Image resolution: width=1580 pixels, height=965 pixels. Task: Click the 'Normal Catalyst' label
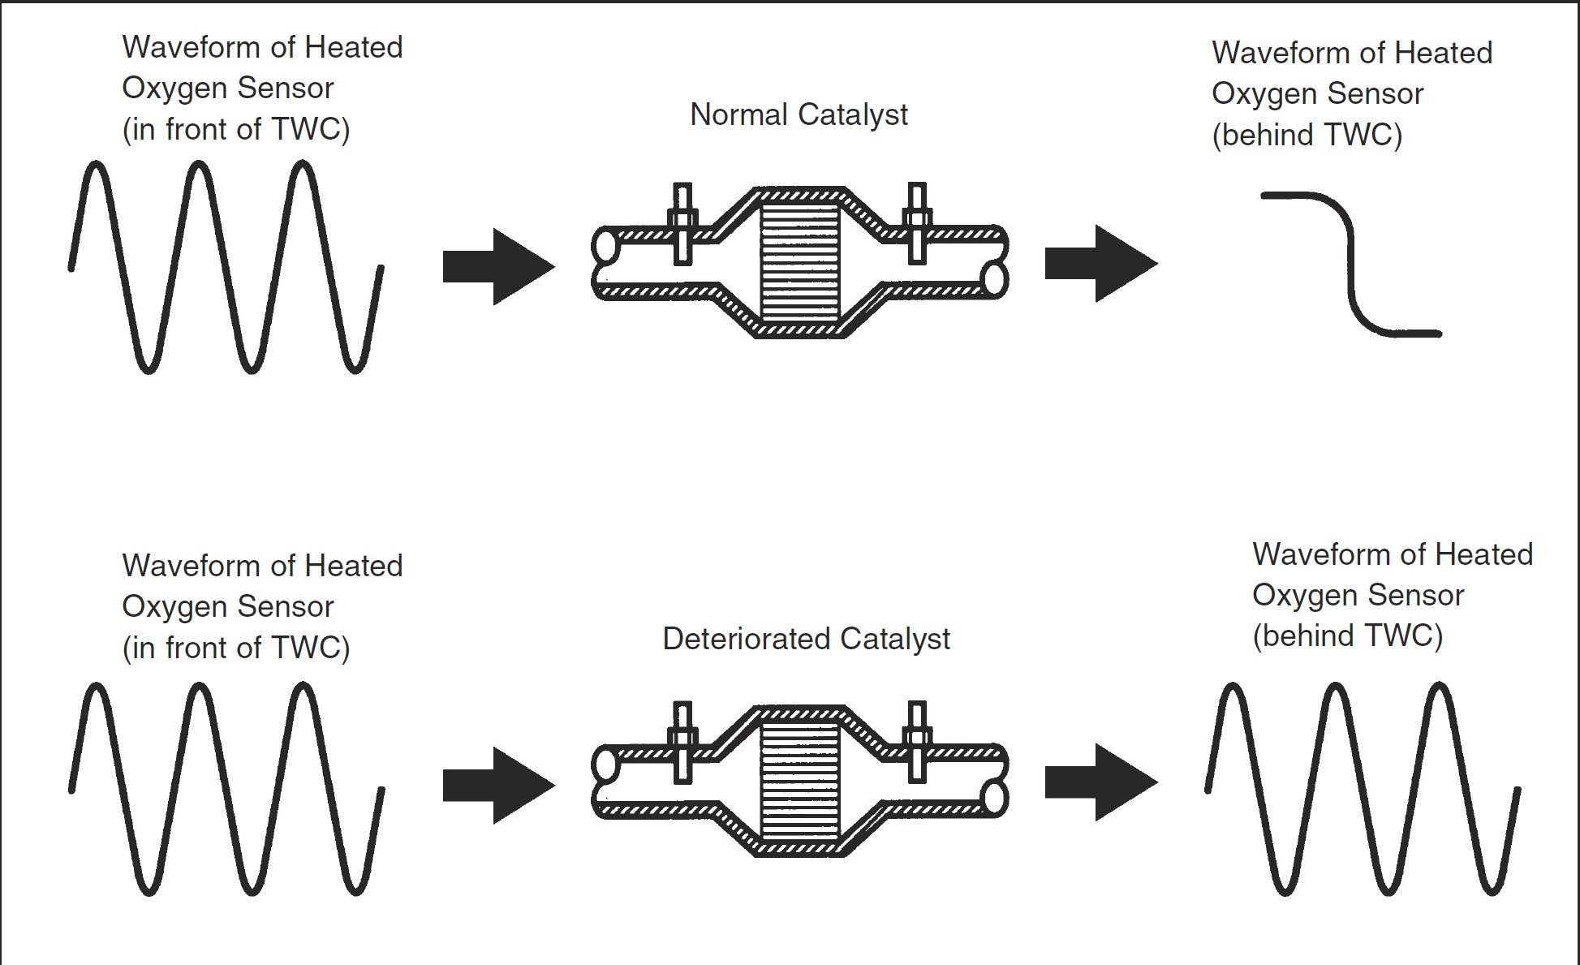point(799,114)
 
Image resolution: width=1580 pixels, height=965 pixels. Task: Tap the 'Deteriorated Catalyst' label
point(806,639)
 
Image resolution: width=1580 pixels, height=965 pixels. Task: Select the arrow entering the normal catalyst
point(497,266)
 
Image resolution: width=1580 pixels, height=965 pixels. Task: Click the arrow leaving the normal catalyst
point(1100,264)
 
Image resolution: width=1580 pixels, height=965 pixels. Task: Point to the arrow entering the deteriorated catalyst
point(497,785)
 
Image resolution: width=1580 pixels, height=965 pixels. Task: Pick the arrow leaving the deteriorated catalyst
point(1100,782)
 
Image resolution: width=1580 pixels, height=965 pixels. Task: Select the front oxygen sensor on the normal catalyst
point(682,223)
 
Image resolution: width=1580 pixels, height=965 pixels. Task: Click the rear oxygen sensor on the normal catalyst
point(917,223)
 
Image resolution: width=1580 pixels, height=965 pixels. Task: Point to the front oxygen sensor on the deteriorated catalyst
point(682,742)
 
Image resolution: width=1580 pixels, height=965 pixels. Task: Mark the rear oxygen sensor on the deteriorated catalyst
point(917,742)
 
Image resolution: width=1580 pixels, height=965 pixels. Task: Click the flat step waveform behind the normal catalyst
point(1351,261)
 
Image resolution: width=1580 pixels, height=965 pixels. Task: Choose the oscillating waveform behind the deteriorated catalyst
point(1363,788)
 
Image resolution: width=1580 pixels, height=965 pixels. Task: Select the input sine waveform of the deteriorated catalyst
point(226,788)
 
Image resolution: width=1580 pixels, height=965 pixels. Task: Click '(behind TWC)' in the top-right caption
point(1307,135)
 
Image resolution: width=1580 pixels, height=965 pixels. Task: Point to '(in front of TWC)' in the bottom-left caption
point(235,648)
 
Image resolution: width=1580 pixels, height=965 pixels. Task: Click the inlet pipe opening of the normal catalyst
point(604,246)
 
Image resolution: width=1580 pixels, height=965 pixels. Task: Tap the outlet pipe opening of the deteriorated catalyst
point(995,797)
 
